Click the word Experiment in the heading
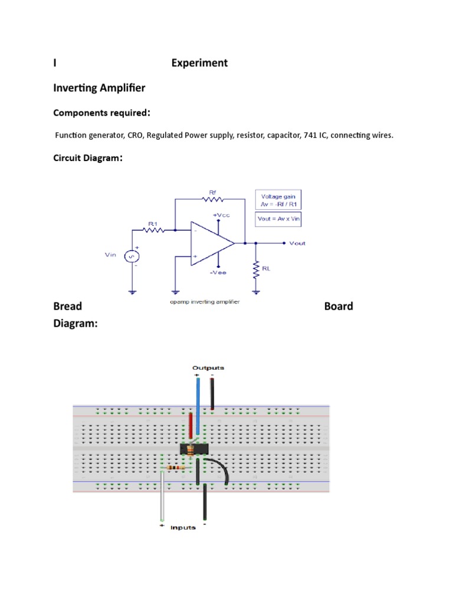tap(199, 63)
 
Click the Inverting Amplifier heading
tap(99, 88)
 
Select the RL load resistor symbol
tap(256, 270)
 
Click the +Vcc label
tap(221, 215)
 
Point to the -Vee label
tap(217, 273)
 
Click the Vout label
tap(297, 243)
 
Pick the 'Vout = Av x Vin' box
tap(278, 218)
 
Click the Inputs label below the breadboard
tap(183, 527)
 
